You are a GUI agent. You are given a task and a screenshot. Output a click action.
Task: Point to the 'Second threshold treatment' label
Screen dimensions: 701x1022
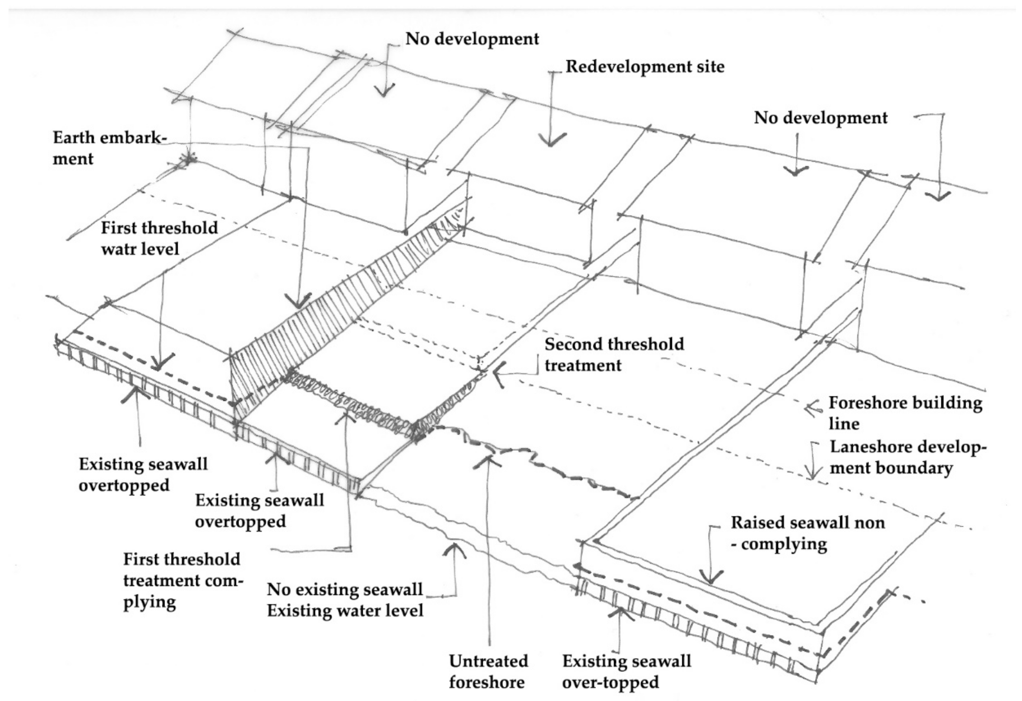tap(614, 354)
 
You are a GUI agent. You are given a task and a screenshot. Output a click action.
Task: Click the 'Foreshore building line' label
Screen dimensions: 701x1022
tap(905, 413)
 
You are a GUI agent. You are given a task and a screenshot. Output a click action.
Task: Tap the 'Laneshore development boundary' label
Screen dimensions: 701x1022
tap(907, 457)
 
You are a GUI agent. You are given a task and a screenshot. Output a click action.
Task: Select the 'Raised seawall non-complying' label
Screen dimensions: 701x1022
tap(807, 533)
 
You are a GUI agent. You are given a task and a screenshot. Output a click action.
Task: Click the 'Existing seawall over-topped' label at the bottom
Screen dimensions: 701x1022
tap(626, 671)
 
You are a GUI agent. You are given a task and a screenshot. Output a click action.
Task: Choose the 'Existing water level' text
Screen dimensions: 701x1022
tap(345, 611)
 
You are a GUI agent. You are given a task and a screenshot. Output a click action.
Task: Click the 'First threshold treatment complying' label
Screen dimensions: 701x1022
tap(183, 580)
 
